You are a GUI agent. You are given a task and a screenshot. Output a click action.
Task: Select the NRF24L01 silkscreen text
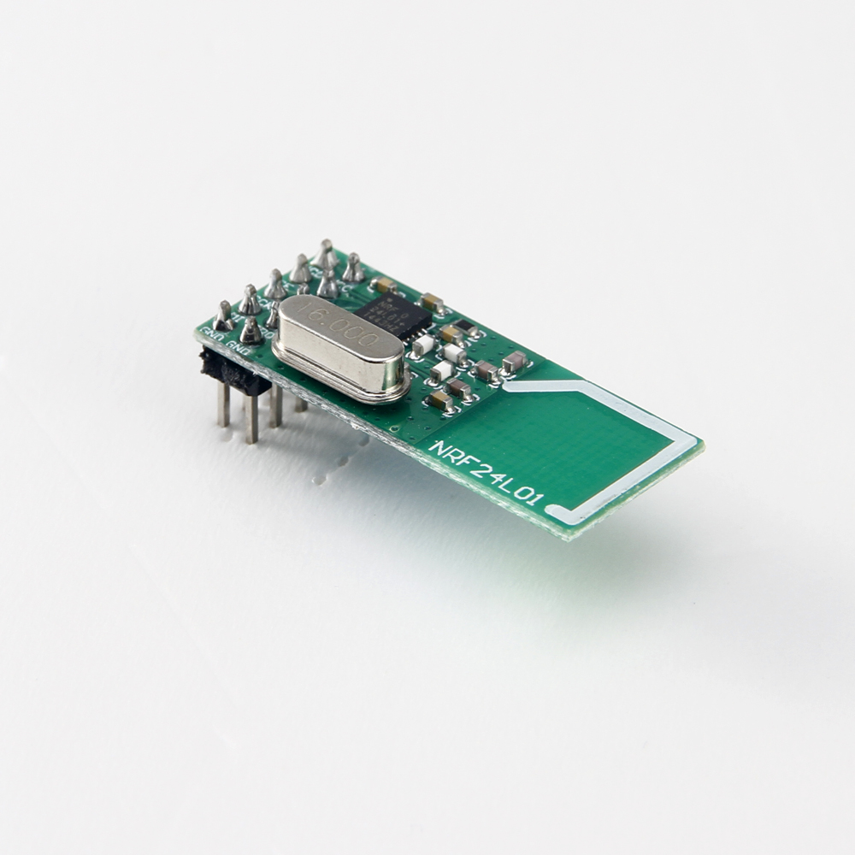[486, 473]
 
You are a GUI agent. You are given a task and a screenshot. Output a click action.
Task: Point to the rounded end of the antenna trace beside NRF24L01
[554, 514]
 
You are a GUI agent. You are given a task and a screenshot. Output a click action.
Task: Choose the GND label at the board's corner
[214, 337]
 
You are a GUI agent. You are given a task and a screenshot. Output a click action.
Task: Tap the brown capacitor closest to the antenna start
[514, 362]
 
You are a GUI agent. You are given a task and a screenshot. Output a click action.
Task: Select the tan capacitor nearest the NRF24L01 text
[441, 400]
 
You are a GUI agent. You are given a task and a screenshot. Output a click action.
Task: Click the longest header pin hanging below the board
[251, 418]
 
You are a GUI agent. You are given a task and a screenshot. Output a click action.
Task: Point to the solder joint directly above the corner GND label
[223, 316]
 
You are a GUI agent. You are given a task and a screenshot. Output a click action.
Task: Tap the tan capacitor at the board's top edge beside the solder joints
[385, 284]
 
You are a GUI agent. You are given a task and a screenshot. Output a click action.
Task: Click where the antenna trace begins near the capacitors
[509, 386]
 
